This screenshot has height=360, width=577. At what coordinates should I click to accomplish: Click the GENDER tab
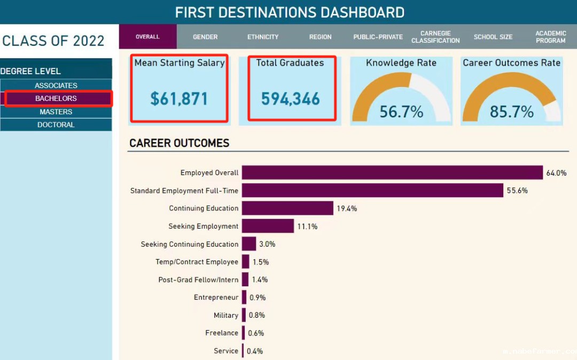(x=205, y=37)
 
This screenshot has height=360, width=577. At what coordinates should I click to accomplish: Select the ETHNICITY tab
(x=263, y=37)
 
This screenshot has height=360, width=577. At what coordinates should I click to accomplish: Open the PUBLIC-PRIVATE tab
(x=378, y=37)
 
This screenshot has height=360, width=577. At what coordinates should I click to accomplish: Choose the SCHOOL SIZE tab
(x=493, y=37)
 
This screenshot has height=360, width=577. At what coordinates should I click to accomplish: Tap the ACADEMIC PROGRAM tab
(x=550, y=37)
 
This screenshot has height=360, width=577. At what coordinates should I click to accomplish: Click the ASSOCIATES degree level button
(x=56, y=85)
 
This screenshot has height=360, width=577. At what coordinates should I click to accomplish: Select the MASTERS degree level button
(x=56, y=112)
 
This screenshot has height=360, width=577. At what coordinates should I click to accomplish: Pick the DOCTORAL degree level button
(x=56, y=125)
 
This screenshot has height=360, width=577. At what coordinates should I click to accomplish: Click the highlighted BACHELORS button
(x=56, y=98)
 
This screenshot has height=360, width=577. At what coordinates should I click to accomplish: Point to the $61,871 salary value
(x=179, y=99)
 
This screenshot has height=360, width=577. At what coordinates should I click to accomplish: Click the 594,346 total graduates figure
(x=290, y=99)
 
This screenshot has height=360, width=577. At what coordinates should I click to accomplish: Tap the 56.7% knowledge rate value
(x=401, y=112)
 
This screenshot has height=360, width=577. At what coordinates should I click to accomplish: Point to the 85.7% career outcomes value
(x=512, y=112)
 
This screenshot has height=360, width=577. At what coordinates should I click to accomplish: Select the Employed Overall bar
(x=392, y=173)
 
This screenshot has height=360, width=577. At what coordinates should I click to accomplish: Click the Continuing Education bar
(x=287, y=208)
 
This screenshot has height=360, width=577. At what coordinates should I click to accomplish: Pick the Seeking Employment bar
(x=268, y=226)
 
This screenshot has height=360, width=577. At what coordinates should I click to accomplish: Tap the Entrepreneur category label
(x=216, y=298)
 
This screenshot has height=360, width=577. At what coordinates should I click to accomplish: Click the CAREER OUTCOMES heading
(x=180, y=143)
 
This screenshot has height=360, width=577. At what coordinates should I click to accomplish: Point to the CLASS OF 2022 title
(x=53, y=41)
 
